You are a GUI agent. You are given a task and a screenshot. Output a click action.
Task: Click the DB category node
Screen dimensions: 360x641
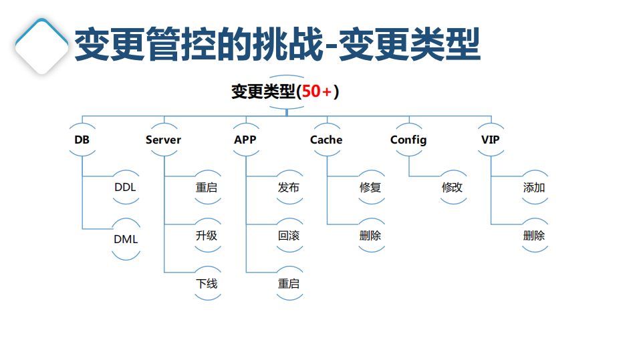(x=82, y=140)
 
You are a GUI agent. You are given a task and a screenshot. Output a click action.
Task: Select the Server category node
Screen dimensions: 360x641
(x=163, y=140)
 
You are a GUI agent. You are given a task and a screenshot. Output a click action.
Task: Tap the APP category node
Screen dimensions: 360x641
(x=245, y=140)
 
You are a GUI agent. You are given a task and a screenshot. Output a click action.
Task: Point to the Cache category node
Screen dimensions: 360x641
(x=326, y=140)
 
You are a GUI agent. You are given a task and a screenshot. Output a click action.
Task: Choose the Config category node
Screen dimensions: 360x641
(x=408, y=140)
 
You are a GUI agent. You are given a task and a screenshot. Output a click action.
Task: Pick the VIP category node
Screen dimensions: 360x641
(x=491, y=140)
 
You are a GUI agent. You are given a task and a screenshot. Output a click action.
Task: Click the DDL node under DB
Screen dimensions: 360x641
(x=125, y=188)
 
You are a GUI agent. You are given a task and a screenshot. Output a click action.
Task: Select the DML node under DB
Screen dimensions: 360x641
(x=125, y=238)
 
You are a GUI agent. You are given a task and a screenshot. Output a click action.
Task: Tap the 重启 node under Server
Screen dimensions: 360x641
(x=207, y=188)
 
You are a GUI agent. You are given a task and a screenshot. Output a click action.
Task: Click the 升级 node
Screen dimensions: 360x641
(x=207, y=236)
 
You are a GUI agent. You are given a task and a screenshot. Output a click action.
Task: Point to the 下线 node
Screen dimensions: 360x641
(x=207, y=284)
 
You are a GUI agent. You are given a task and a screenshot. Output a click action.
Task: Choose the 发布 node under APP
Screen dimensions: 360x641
(x=289, y=188)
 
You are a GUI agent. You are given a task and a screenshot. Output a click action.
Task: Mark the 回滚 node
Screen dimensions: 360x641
(x=289, y=236)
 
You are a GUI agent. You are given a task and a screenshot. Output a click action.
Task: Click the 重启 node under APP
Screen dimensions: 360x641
(x=289, y=284)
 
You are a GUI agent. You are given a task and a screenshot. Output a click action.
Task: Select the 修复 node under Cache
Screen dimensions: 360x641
(x=370, y=188)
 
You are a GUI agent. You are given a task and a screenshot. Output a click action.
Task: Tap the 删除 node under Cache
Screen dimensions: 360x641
(x=370, y=236)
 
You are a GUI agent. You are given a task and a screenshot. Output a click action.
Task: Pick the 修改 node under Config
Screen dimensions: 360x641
(x=452, y=188)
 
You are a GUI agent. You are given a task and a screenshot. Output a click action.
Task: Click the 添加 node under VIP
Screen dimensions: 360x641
(x=534, y=188)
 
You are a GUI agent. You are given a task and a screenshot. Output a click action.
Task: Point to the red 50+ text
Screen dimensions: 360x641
(x=316, y=92)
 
